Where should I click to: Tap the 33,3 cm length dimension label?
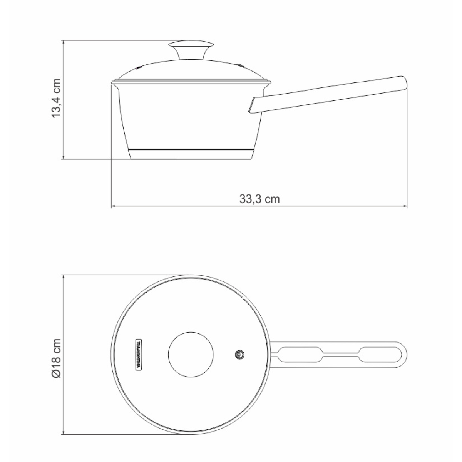pos(259,199)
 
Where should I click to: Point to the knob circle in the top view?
pos(191,353)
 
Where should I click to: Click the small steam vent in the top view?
pos(240,354)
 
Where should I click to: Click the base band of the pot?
pos(191,154)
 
